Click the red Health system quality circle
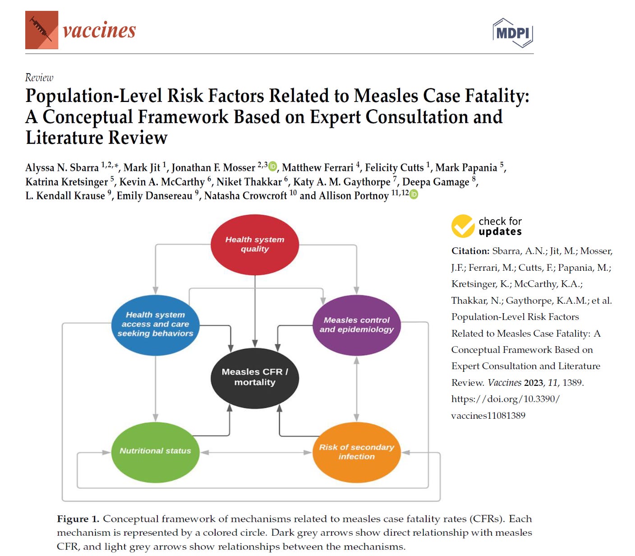click(255, 245)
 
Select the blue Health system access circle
click(155, 324)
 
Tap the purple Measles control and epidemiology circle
click(356, 325)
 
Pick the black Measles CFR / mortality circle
click(255, 377)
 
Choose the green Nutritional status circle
click(155, 451)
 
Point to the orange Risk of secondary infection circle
click(356, 452)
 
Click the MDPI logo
click(513, 32)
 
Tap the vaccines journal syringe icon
click(41, 30)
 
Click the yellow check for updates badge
click(463, 226)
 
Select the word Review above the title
click(39, 78)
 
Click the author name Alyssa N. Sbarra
click(62, 168)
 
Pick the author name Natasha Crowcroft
click(245, 196)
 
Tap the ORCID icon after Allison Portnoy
click(414, 195)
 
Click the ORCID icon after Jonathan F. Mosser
click(272, 167)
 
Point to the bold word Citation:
click(470, 251)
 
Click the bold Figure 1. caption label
click(78, 519)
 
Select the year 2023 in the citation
click(534, 383)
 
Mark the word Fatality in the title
click(497, 96)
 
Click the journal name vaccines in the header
click(99, 31)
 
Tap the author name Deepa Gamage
click(436, 182)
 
